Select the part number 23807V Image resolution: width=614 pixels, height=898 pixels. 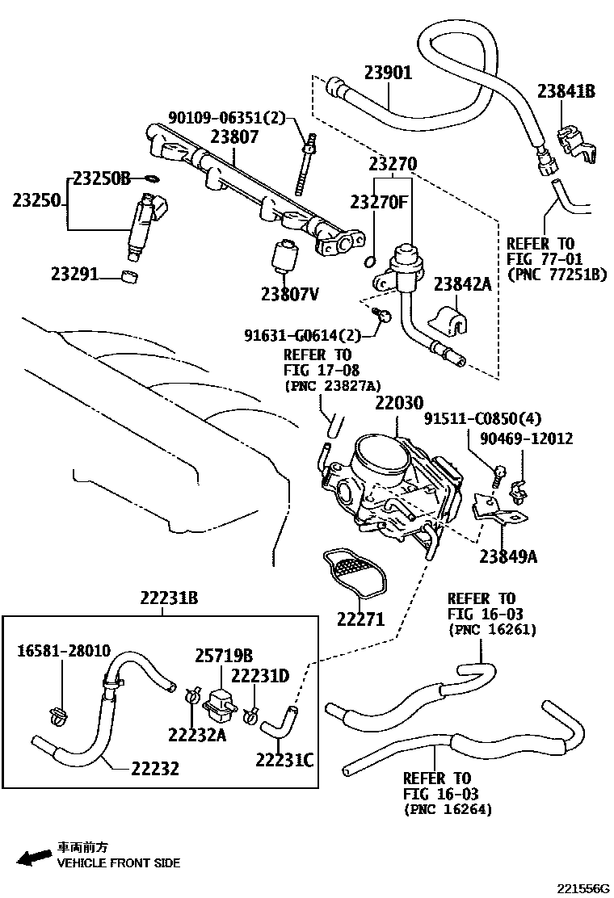[x=289, y=293]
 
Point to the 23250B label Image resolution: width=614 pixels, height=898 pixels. [x=101, y=178]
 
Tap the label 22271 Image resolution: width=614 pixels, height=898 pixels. [x=361, y=619]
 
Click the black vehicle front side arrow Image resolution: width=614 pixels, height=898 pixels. [x=33, y=858]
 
